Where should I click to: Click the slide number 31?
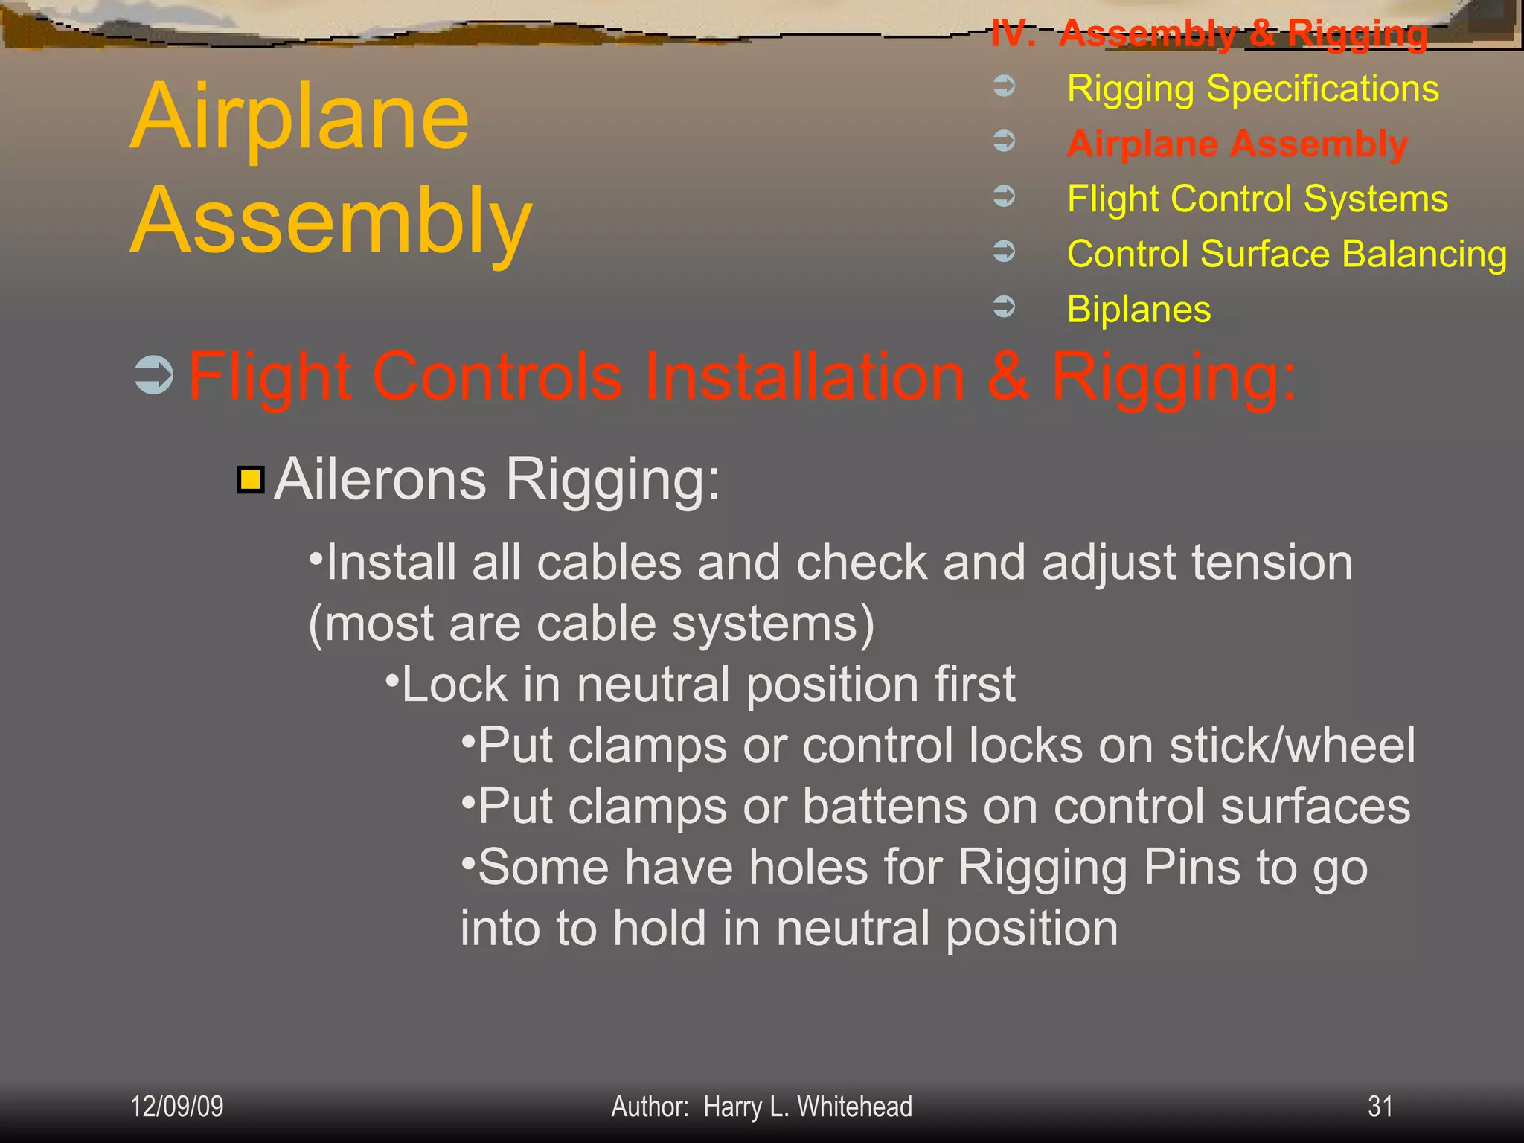(x=1380, y=1107)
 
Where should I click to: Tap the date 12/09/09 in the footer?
(x=176, y=1107)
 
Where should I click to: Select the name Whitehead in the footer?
(x=854, y=1107)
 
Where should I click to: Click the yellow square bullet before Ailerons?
(x=251, y=480)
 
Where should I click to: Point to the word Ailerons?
(x=380, y=480)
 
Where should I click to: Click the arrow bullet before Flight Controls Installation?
(x=154, y=375)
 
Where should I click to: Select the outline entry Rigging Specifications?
(x=1252, y=89)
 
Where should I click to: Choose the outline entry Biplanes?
(x=1139, y=309)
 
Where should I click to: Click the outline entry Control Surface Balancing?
(x=1287, y=254)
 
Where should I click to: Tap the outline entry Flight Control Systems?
(x=1257, y=199)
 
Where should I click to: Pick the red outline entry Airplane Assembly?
(x=1237, y=144)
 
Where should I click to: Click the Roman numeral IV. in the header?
(x=1013, y=34)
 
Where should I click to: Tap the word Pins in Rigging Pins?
(x=1192, y=868)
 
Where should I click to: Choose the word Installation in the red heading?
(x=804, y=377)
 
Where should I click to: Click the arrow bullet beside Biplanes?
(x=1004, y=306)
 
